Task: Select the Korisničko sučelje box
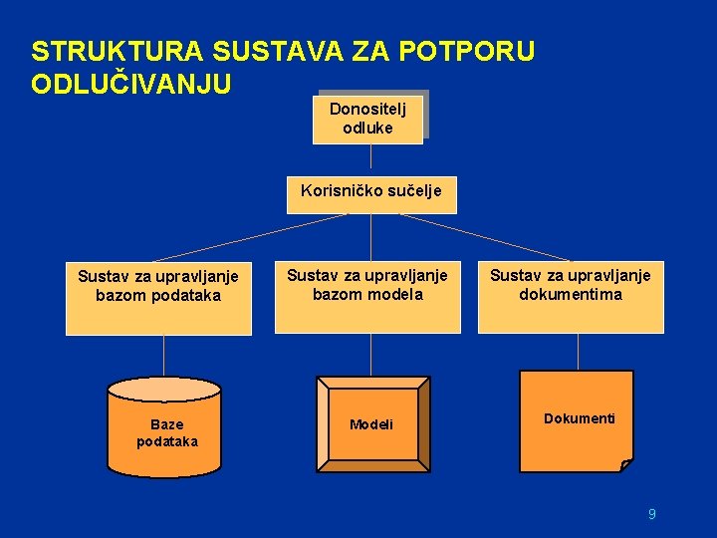click(x=371, y=194)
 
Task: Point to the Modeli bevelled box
click(x=371, y=424)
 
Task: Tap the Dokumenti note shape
click(x=579, y=418)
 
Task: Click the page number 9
click(x=651, y=514)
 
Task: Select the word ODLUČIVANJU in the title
click(x=131, y=83)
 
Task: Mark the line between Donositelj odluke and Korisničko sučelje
click(x=370, y=159)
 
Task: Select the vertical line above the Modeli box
click(x=370, y=354)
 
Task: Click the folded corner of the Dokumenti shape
click(x=625, y=464)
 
